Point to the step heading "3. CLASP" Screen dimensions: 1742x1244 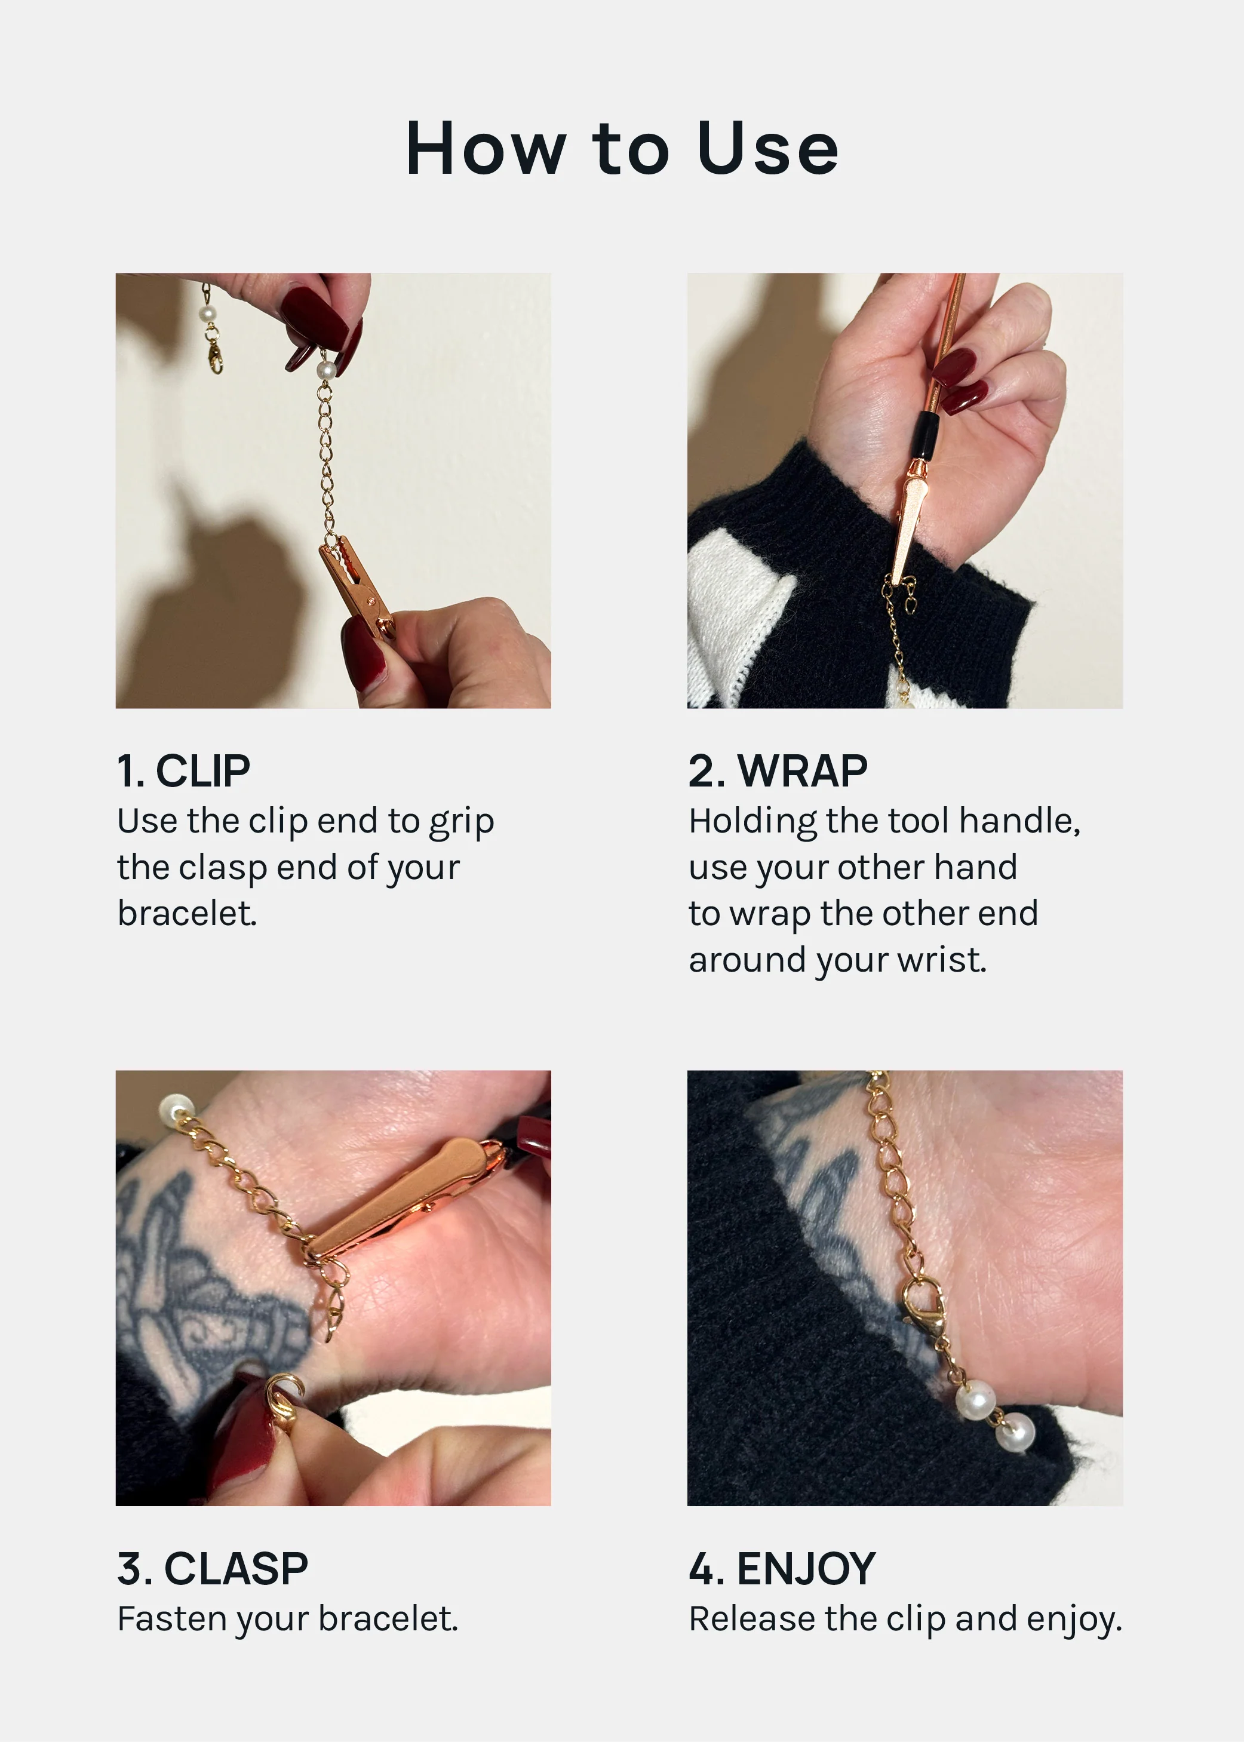tap(212, 1568)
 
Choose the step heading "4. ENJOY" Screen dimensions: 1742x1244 tap(781, 1568)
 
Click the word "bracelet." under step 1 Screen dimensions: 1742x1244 tap(187, 913)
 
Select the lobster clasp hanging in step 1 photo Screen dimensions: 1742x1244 tap(215, 355)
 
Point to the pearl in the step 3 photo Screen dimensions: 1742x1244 tap(176, 1108)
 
